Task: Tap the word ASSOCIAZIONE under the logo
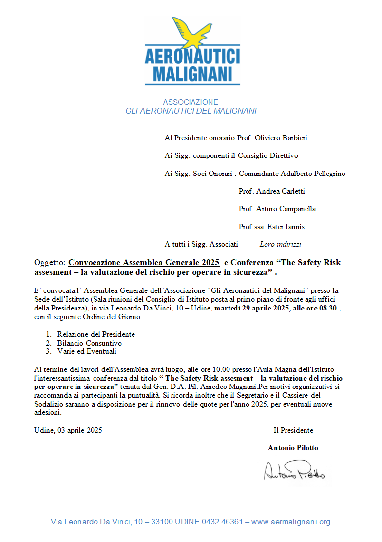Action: pos(191,102)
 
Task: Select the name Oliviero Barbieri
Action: pos(281,138)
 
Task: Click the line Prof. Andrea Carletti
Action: pos(271,191)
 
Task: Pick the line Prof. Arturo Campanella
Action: pos(277,209)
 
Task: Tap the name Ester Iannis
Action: pos(286,227)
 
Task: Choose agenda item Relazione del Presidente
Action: pos(96,334)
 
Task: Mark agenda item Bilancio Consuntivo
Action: pos(89,343)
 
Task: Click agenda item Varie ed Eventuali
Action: pos(87,351)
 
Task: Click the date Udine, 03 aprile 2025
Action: pos(68,430)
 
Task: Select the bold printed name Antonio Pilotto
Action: pos(293,448)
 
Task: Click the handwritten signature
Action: pos(294,471)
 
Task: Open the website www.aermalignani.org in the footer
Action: pos(291,522)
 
